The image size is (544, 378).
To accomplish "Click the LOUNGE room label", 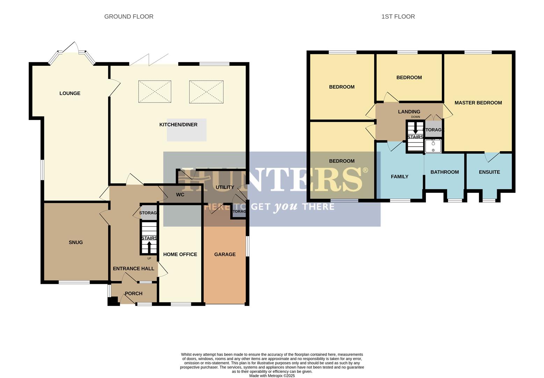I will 70,93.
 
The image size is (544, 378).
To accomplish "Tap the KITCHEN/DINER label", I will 178,125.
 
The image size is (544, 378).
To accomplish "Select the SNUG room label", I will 75,243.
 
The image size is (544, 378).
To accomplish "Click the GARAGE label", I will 225,254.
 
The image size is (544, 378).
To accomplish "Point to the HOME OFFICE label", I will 180,254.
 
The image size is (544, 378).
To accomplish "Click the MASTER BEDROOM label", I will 478,103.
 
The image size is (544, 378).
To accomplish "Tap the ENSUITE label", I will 489,172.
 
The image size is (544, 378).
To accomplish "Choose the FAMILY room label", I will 399,177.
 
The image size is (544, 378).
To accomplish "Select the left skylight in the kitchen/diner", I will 155,92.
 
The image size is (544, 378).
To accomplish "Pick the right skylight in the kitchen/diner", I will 206,92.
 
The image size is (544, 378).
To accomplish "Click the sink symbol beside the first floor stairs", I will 433,146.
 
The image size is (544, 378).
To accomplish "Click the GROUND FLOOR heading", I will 129,17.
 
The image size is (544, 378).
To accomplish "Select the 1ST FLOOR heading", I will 398,17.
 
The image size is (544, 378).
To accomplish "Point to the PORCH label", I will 133,294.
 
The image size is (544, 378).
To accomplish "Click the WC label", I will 180,195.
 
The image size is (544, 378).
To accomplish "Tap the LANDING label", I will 409,112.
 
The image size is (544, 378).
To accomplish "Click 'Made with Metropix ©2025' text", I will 272,376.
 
